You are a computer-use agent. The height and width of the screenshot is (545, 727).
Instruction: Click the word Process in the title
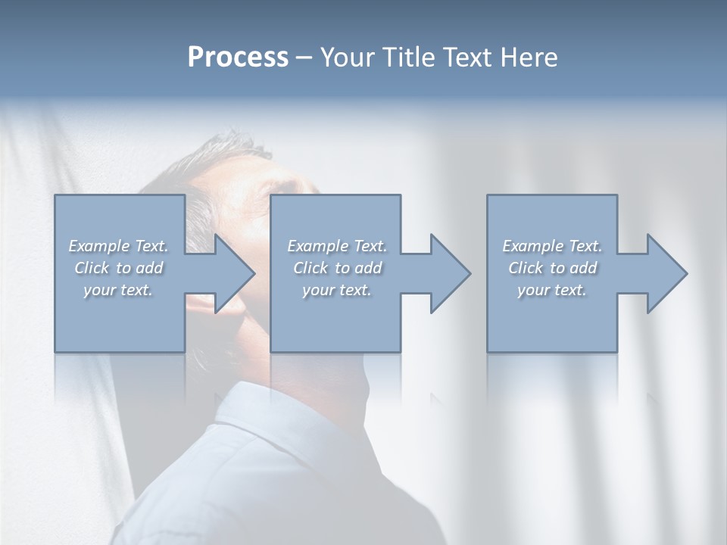[238, 58]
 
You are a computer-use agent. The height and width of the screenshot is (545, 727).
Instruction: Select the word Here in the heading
[529, 58]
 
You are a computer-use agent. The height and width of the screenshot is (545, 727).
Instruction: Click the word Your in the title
[348, 58]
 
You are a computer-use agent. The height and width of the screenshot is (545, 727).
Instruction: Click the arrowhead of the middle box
[449, 273]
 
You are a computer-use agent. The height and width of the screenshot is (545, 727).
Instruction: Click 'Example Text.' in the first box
[119, 246]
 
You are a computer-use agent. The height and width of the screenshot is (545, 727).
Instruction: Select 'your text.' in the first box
[119, 290]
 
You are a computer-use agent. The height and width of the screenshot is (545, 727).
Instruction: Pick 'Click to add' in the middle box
[337, 268]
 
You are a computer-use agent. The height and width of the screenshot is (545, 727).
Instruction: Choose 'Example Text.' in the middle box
[337, 246]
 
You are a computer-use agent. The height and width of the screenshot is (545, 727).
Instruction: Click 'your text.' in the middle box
[337, 290]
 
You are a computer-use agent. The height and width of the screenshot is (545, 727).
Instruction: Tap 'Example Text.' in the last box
[552, 246]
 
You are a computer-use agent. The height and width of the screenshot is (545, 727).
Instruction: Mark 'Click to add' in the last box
[552, 268]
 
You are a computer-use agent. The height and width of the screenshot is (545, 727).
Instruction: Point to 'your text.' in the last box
[552, 290]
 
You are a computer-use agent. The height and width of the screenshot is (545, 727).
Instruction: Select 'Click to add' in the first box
[119, 268]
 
